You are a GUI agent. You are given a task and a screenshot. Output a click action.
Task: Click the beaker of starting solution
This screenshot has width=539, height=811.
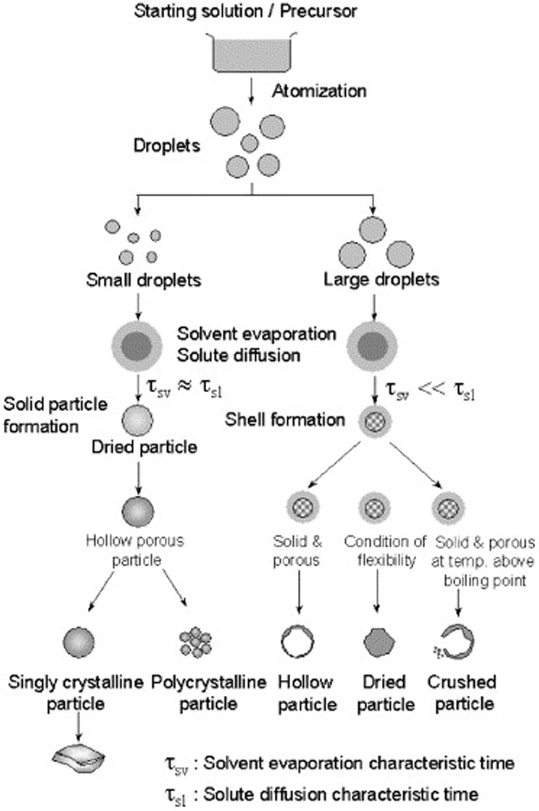click(x=252, y=52)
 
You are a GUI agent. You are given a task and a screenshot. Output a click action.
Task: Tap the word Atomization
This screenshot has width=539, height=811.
click(x=319, y=91)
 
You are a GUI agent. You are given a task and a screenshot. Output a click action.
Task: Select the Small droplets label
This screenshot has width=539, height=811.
click(x=143, y=280)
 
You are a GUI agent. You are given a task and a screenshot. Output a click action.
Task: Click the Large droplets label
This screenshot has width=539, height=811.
click(x=381, y=280)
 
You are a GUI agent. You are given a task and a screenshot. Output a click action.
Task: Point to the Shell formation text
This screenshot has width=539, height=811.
click(x=285, y=420)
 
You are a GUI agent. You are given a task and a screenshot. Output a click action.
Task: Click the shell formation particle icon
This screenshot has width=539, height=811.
click(x=375, y=421)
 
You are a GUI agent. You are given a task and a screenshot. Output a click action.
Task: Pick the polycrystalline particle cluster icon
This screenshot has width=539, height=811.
click(x=195, y=643)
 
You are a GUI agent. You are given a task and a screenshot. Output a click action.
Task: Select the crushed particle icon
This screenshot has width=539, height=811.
click(x=453, y=642)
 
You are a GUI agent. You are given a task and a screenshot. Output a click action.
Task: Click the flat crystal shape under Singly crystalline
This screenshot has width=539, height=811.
click(x=78, y=759)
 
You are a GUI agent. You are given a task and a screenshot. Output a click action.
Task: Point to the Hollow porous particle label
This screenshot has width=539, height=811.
click(x=135, y=551)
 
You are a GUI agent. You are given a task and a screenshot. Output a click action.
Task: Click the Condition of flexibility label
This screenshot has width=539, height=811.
click(x=385, y=551)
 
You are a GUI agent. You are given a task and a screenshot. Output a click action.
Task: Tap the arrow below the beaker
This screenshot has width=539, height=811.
click(x=252, y=90)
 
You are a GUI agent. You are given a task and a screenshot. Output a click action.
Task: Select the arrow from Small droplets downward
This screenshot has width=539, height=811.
click(x=138, y=306)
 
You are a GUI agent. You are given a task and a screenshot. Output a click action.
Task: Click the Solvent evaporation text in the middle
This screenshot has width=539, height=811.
click(x=256, y=334)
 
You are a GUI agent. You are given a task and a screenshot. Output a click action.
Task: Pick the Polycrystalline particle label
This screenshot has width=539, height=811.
click(x=208, y=693)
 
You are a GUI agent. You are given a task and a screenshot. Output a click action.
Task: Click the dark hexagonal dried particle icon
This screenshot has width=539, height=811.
click(x=380, y=643)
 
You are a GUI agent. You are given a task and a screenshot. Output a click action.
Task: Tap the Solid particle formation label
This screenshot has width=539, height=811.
click(x=55, y=415)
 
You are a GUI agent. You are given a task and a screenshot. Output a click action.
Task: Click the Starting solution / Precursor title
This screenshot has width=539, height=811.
click(x=246, y=11)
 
